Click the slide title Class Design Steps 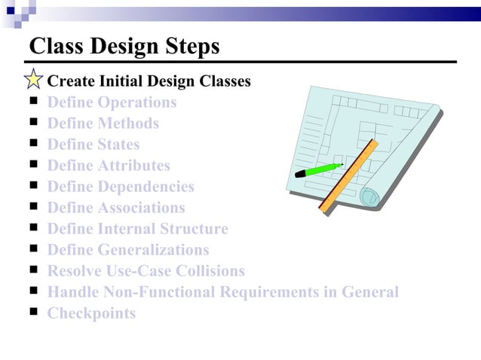124,46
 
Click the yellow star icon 34,80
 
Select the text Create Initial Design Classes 149,81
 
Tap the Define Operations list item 112,102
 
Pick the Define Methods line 103,124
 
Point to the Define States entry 93,145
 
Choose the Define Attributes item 109,166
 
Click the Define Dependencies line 121,187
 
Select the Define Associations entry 115,208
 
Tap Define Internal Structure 137,229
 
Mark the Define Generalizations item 128,250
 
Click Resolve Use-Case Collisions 146,271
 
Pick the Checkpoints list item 91,313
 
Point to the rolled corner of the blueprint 369,197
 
